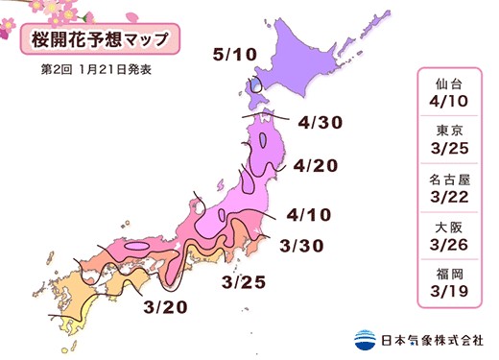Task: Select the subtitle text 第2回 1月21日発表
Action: pos(97,70)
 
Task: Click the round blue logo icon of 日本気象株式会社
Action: pos(365,339)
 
